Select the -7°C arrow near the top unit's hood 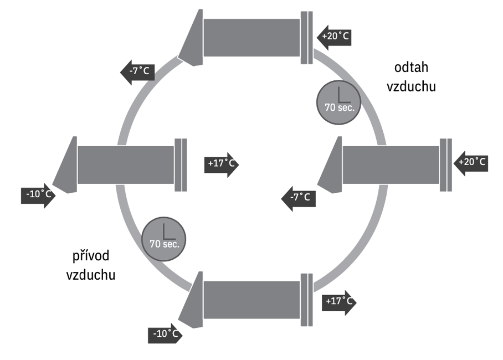[137, 72]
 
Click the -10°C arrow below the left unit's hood [38, 196]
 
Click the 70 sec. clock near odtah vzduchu [339, 102]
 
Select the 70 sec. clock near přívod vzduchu [163, 239]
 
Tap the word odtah [411, 68]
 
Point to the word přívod [91, 256]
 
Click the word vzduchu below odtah [411, 86]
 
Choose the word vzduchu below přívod [91, 275]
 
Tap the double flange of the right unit [445, 165]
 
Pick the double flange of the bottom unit [307, 300]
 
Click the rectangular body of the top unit [252, 38]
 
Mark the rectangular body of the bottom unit [252, 300]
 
